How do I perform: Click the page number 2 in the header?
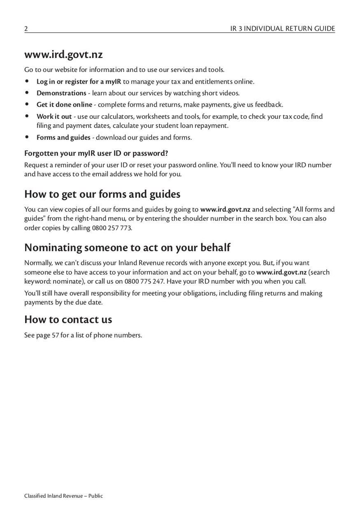point(26,29)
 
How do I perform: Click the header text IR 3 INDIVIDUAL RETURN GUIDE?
point(282,29)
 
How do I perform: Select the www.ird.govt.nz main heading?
point(63,55)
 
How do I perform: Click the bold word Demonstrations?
point(61,93)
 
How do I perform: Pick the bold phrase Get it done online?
point(64,105)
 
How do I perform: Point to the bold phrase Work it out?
point(54,116)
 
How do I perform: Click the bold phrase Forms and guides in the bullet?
point(63,138)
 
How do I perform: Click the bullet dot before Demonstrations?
point(27,93)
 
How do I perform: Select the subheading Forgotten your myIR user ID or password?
point(96,153)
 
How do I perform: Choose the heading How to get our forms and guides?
point(102,194)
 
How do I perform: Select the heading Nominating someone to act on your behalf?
point(127,248)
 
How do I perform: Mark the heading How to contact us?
point(68,320)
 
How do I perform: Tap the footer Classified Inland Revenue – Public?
point(63,496)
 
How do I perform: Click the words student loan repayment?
point(197,126)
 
